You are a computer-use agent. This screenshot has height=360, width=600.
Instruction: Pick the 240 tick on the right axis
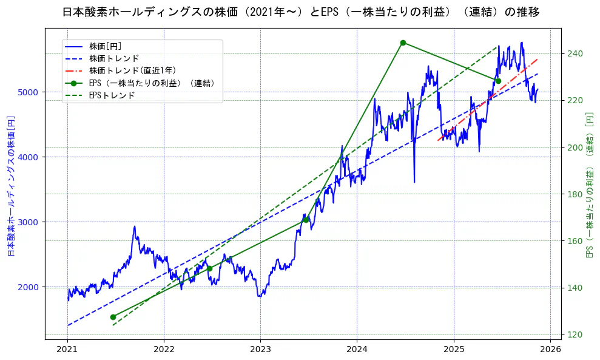coord(576,53)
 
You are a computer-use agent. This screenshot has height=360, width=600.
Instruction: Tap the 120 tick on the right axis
coord(576,335)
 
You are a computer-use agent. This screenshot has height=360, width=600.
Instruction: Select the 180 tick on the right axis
coord(576,194)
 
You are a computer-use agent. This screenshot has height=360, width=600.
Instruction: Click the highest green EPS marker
coord(403,42)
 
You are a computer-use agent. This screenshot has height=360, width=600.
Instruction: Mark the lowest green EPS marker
coord(113,317)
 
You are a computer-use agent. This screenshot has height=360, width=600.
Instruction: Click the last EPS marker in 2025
coord(498,81)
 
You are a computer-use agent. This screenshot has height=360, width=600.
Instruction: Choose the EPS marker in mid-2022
coord(209,268)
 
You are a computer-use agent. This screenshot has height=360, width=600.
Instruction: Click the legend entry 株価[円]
coord(109,46)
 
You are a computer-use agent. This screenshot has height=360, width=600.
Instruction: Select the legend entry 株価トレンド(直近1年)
coord(131,70)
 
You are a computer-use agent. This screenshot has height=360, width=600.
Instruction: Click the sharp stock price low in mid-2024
coord(414,182)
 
